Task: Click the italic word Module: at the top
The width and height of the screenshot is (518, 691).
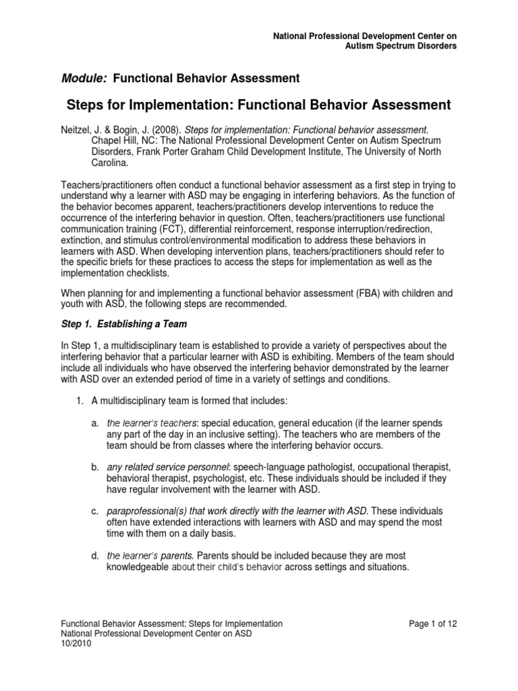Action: click(x=84, y=78)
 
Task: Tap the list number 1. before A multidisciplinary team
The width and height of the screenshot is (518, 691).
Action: click(x=79, y=402)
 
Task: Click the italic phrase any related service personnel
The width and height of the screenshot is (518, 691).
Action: click(x=169, y=467)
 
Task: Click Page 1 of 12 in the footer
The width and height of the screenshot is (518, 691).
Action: click(x=433, y=624)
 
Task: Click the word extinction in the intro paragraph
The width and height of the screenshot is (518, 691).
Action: click(x=80, y=240)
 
